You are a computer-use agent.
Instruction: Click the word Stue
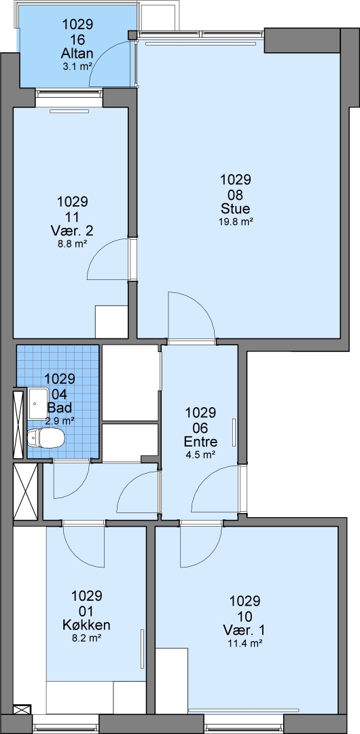click(x=236, y=209)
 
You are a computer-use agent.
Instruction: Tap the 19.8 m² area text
click(x=236, y=222)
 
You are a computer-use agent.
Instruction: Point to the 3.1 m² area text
click(x=77, y=67)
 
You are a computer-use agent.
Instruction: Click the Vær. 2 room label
click(x=73, y=230)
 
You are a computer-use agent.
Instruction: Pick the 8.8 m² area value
click(x=73, y=244)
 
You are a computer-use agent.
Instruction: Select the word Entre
click(x=201, y=442)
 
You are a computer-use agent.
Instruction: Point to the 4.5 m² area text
click(x=200, y=455)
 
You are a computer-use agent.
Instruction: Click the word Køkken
click(x=87, y=625)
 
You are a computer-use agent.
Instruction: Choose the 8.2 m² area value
click(x=87, y=638)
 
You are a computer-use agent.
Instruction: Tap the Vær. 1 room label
click(x=245, y=629)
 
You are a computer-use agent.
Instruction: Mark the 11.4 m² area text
click(x=245, y=643)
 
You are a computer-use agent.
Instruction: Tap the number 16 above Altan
click(x=77, y=38)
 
